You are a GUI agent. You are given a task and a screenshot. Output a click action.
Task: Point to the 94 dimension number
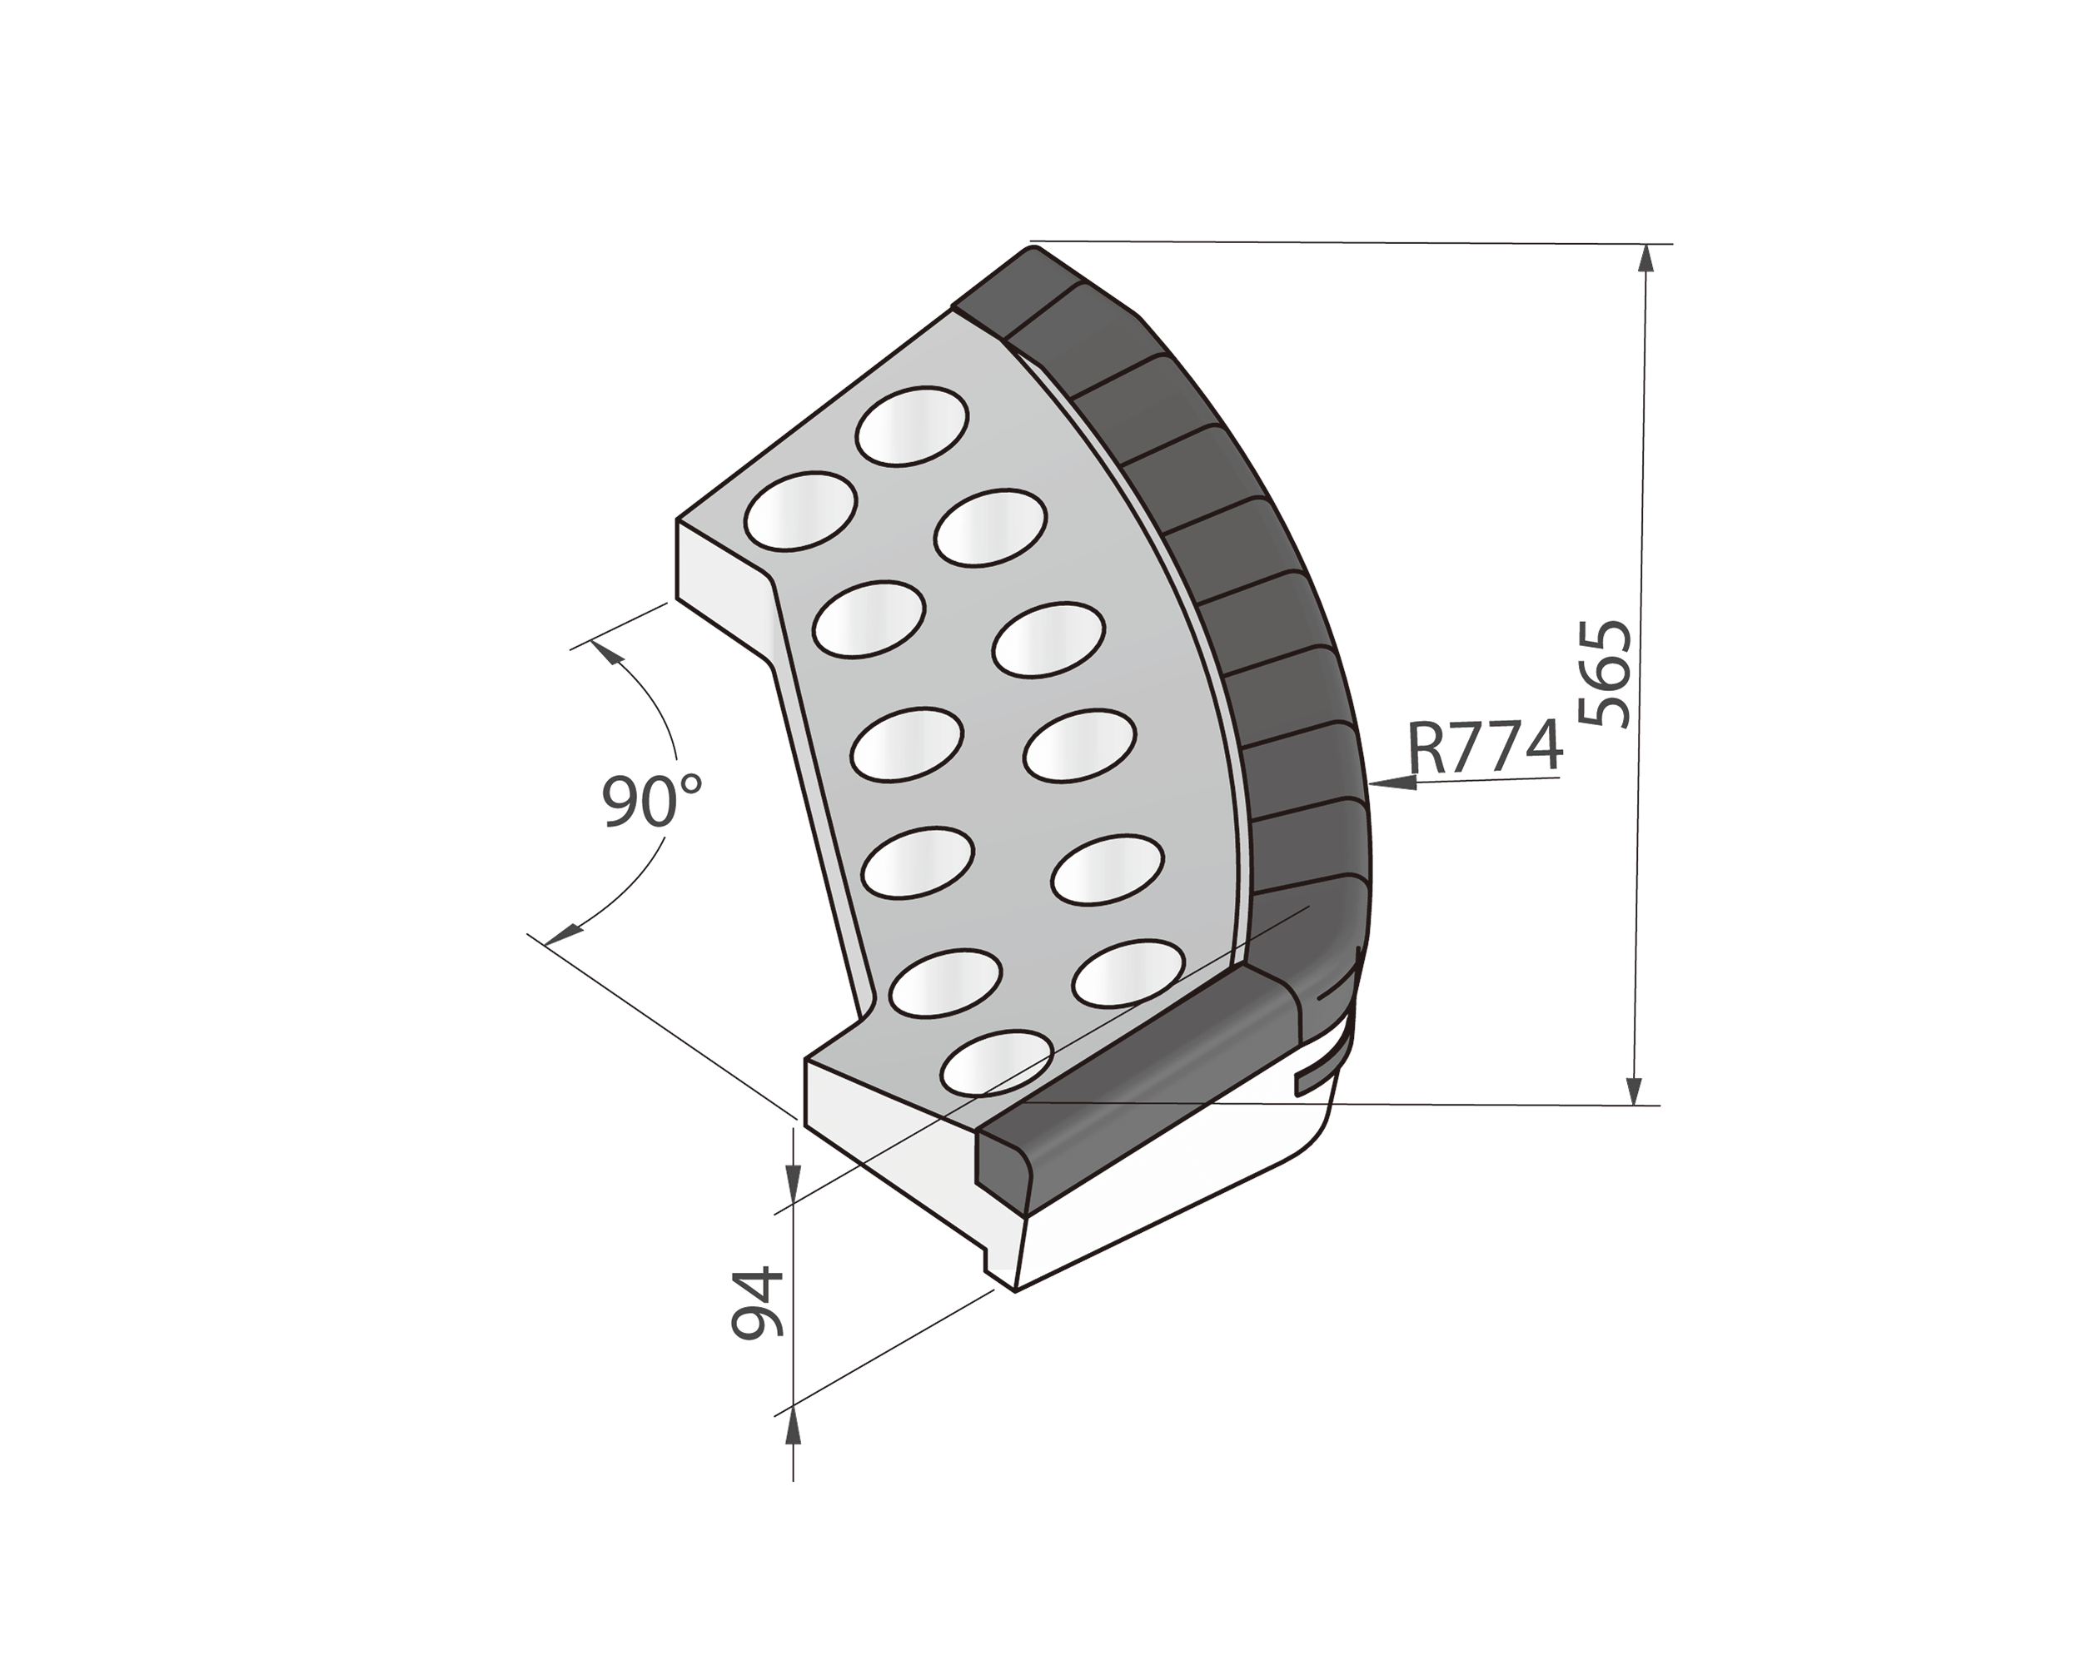pos(758,1303)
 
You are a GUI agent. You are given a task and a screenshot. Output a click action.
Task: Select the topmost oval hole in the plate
pos(911,425)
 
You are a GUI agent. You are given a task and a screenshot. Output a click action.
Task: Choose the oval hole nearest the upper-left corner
pos(800,510)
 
